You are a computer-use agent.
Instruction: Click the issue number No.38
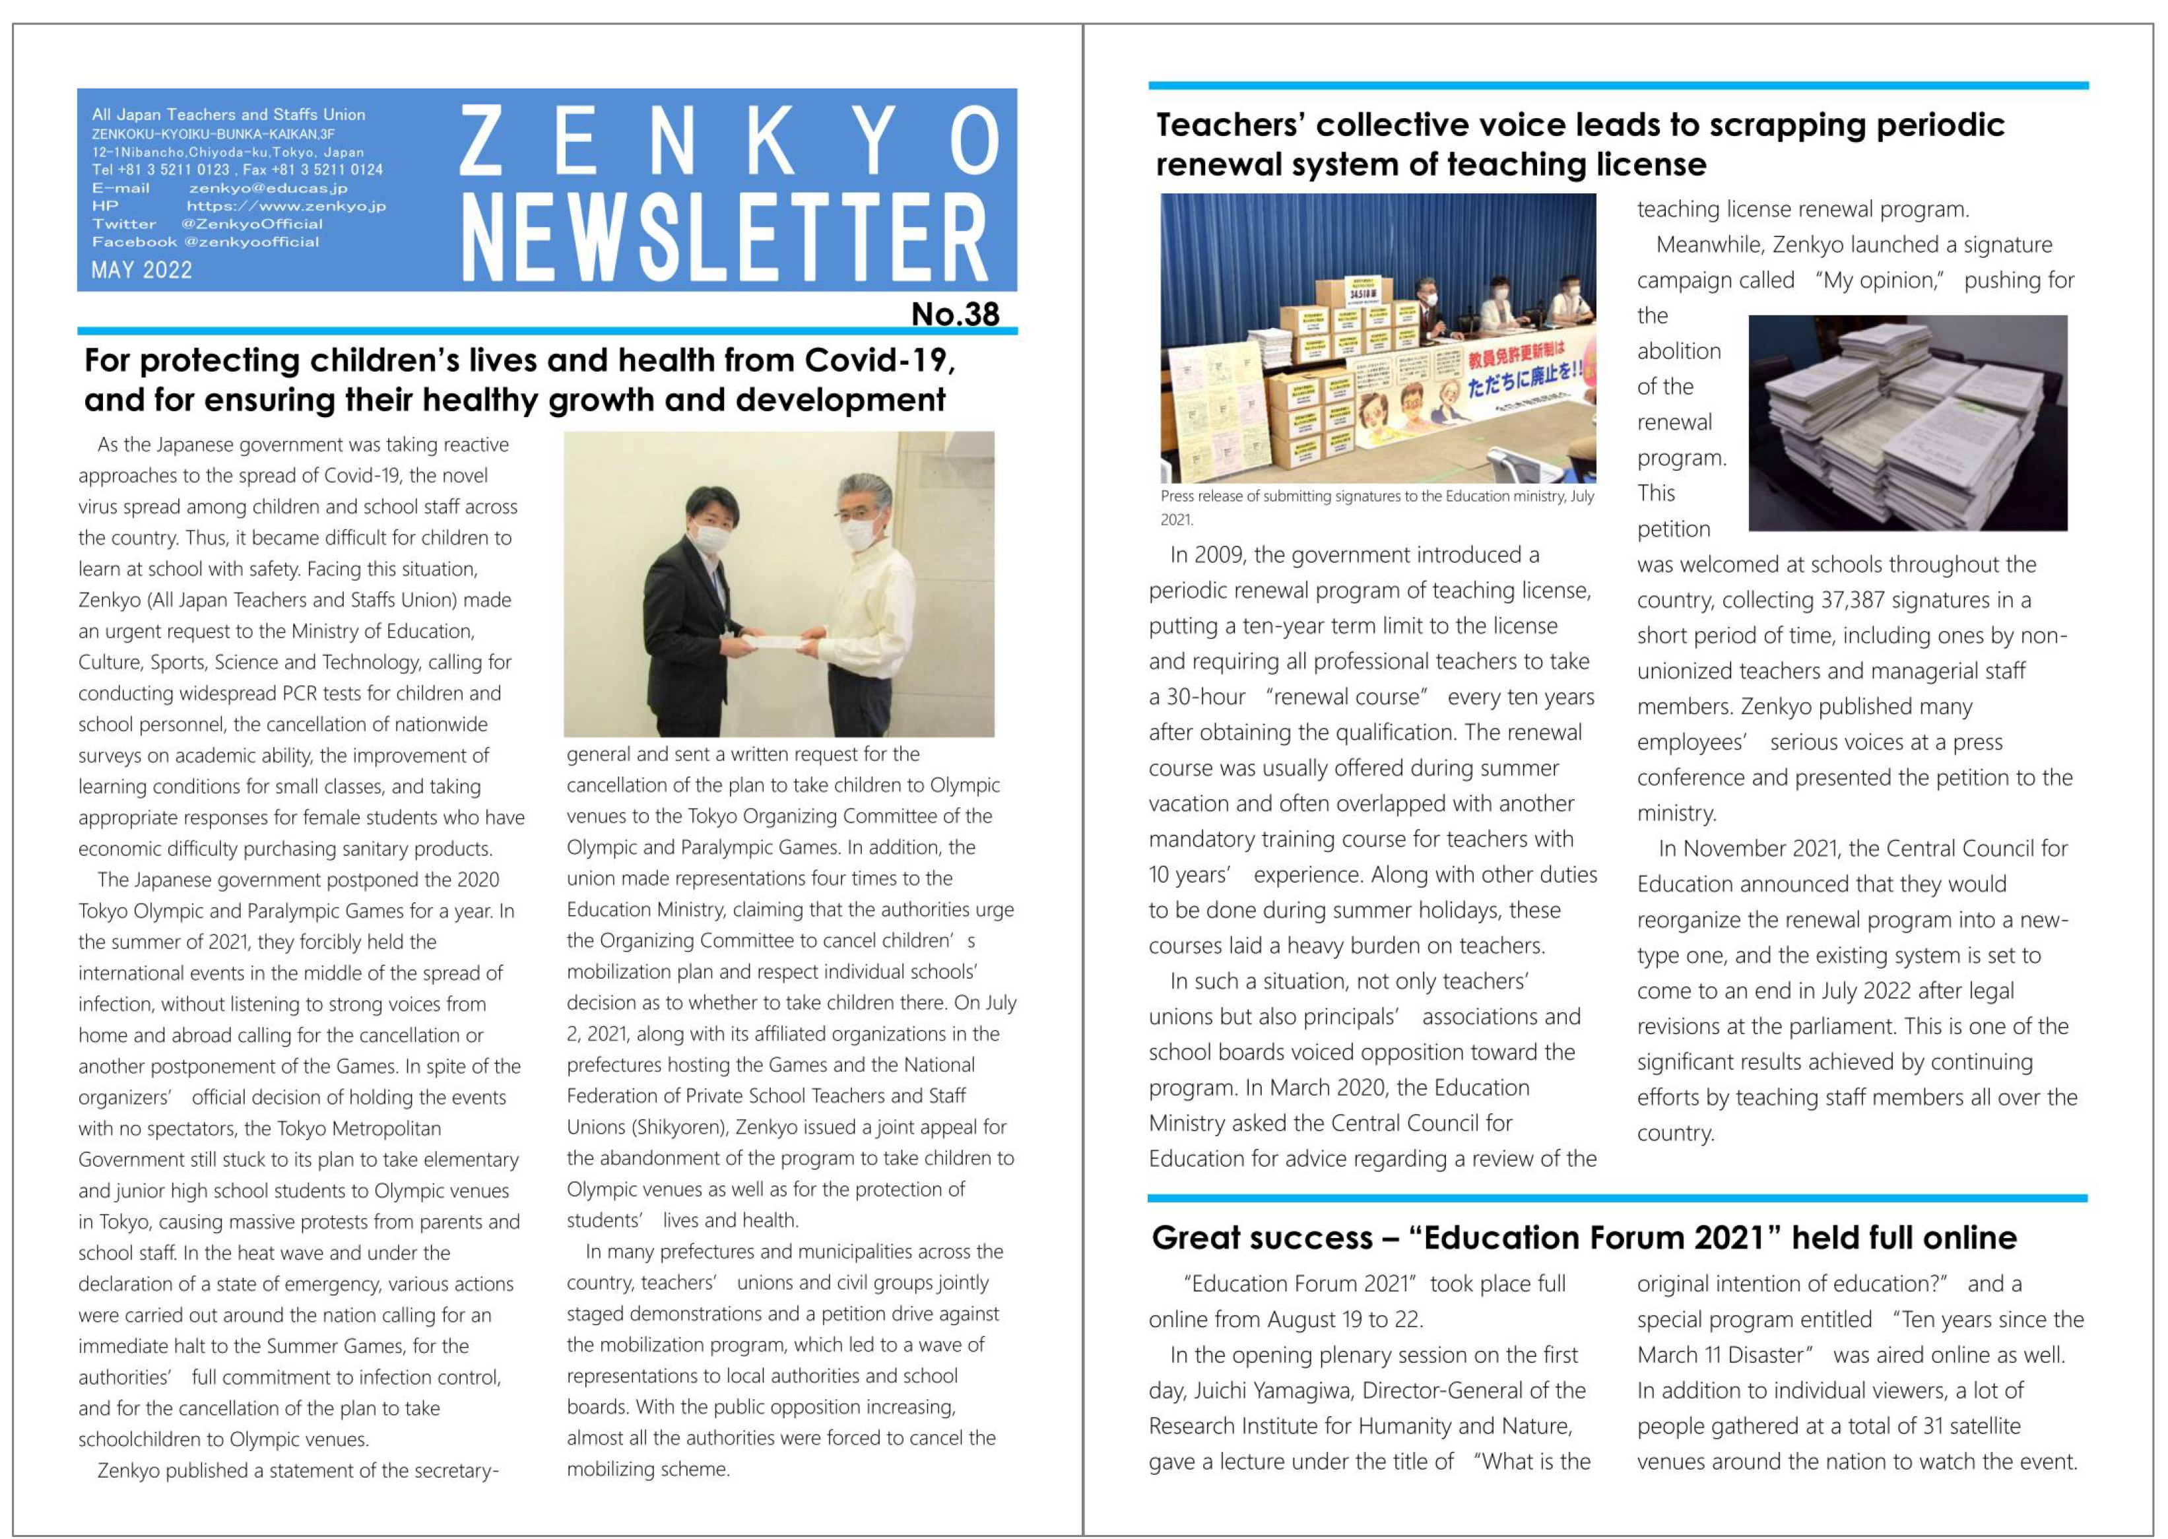click(954, 313)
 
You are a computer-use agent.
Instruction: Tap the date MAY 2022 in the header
click(141, 270)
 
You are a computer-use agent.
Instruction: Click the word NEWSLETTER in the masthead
click(725, 237)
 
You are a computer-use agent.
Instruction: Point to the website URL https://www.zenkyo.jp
click(286, 206)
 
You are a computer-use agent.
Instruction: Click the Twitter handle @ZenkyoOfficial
click(252, 224)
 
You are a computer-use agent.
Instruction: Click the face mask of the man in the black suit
click(711, 537)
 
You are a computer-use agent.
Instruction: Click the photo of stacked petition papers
click(1907, 422)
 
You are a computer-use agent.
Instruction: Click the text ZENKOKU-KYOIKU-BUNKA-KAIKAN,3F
click(213, 133)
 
